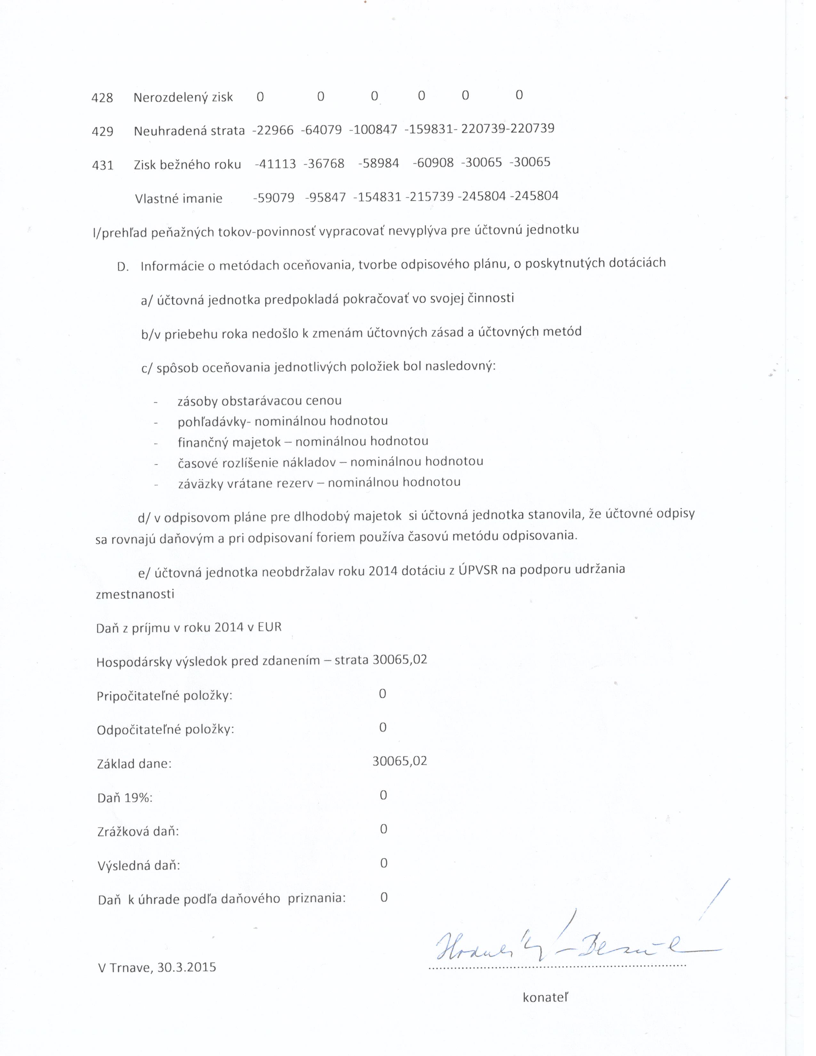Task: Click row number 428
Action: pyautogui.click(x=102, y=98)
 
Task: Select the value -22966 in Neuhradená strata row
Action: pyautogui.click(x=273, y=131)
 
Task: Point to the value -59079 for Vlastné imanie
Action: pyautogui.click(x=274, y=198)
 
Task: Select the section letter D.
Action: pyautogui.click(x=123, y=267)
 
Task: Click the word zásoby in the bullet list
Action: pyautogui.click(x=197, y=401)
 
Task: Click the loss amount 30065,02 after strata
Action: pyautogui.click(x=400, y=660)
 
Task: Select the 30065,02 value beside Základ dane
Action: pyautogui.click(x=400, y=761)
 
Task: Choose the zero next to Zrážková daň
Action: pyautogui.click(x=383, y=829)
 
